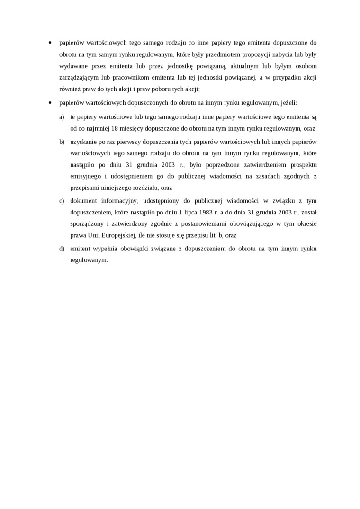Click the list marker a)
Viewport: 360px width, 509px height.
click(62, 116)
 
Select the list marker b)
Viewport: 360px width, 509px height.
click(62, 142)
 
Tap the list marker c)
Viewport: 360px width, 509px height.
click(62, 200)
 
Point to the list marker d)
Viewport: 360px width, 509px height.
click(62, 249)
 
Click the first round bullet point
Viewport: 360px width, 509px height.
click(50, 43)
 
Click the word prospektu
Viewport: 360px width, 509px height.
click(302, 165)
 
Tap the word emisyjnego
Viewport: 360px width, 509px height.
click(85, 176)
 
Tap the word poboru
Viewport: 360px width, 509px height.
click(159, 89)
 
